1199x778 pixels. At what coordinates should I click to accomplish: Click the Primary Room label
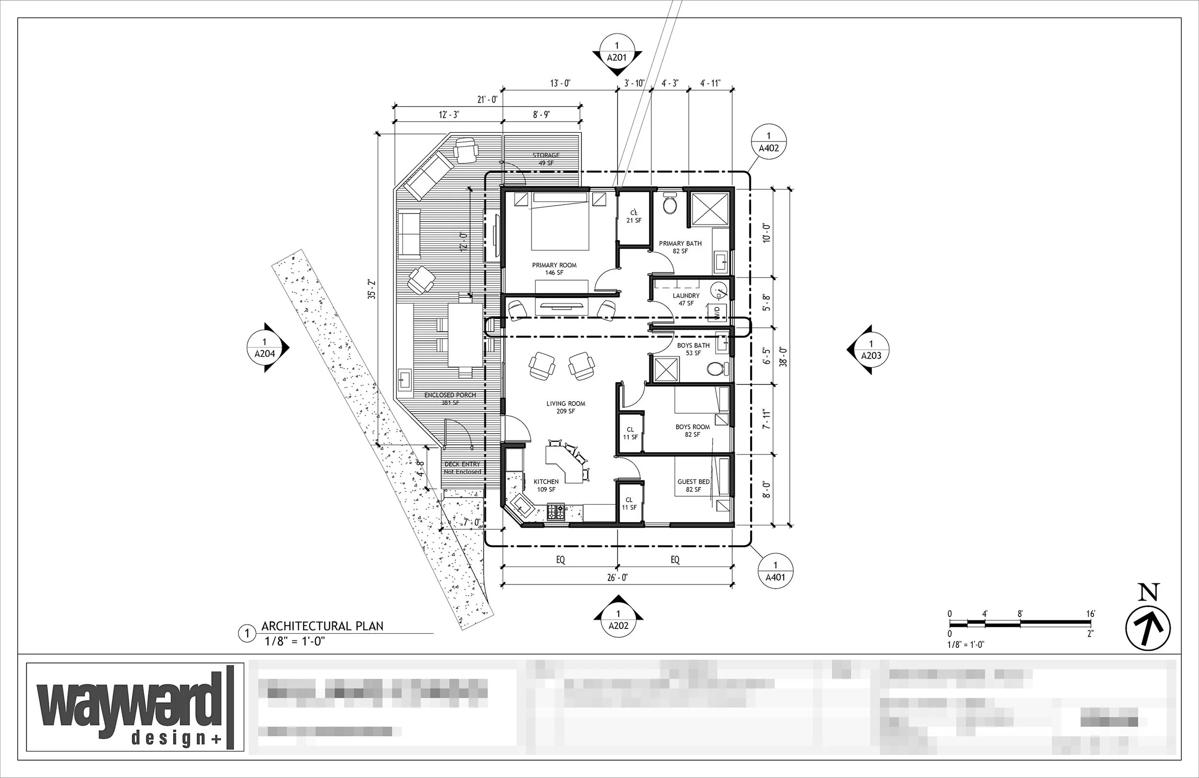coord(554,268)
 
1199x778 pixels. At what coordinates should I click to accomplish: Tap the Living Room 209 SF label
coord(566,407)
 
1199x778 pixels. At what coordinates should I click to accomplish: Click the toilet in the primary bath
coord(670,204)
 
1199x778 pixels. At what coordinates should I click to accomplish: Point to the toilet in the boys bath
coord(716,369)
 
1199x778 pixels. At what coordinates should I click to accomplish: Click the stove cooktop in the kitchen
coord(556,512)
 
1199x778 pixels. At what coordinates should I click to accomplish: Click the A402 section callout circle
coord(769,142)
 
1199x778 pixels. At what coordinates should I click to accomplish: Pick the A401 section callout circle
coord(776,571)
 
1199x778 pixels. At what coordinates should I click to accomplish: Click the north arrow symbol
coord(1148,629)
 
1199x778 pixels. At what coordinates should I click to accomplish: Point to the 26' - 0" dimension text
coord(617,578)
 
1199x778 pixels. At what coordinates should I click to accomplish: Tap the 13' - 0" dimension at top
coord(560,83)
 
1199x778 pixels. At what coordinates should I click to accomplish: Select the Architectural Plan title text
coord(322,626)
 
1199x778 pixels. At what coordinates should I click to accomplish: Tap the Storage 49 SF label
coord(546,159)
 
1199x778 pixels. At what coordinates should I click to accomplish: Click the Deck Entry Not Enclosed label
coord(462,468)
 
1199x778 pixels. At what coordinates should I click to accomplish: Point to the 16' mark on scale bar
coord(1091,614)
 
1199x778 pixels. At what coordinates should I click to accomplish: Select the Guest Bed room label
coord(693,485)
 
